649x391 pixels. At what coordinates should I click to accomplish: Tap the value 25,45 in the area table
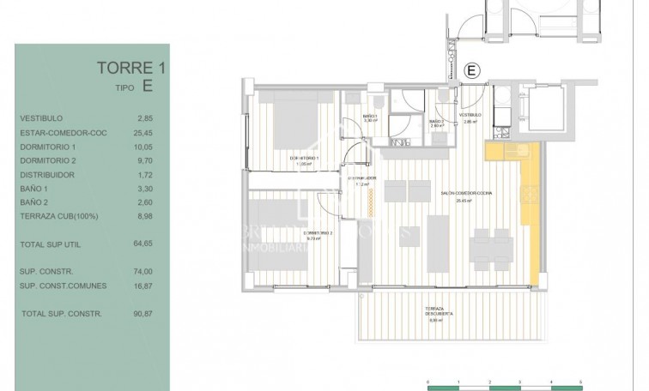click(144, 133)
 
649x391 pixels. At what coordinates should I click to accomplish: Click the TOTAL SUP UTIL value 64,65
click(144, 244)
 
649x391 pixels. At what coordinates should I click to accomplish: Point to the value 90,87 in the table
click(144, 314)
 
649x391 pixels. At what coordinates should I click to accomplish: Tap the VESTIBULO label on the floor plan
click(469, 116)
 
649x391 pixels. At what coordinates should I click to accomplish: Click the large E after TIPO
click(148, 86)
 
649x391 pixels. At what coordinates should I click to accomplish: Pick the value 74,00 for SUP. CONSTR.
click(144, 272)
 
